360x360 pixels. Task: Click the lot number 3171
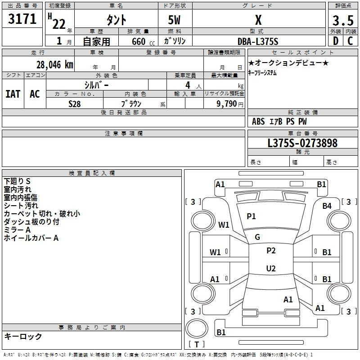click(22, 19)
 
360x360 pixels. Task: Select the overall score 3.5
click(343, 20)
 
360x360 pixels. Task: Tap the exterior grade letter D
click(336, 41)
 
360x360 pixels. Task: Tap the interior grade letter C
click(350, 41)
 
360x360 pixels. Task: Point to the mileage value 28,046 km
click(55, 65)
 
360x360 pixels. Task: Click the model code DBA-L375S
click(258, 41)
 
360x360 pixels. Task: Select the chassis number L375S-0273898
click(302, 143)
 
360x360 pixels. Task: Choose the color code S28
click(75, 104)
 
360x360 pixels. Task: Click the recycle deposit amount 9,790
click(227, 104)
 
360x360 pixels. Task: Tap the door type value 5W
click(174, 20)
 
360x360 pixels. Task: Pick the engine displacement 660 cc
click(143, 41)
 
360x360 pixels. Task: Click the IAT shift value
click(13, 94)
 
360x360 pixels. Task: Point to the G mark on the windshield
click(257, 237)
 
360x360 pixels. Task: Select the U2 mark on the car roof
click(271, 268)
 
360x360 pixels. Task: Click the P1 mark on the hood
click(251, 216)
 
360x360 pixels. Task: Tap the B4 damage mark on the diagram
click(327, 206)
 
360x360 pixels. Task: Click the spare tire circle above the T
click(197, 329)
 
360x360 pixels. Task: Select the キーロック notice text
click(23, 336)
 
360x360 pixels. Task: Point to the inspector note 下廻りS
click(17, 181)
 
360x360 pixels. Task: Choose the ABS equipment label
click(258, 121)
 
